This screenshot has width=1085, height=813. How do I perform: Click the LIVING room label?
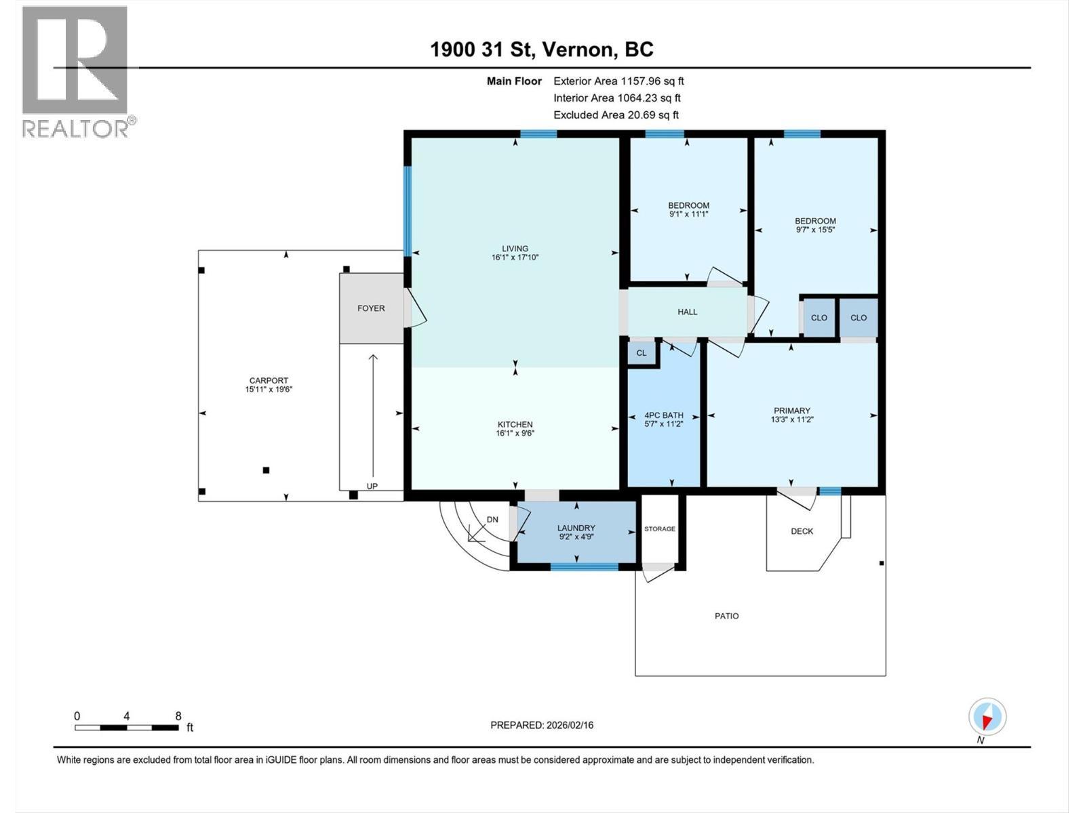tap(515, 249)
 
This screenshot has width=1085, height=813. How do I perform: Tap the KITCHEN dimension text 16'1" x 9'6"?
tap(515, 434)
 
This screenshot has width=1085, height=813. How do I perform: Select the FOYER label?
tap(371, 308)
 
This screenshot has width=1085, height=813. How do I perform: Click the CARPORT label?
tap(269, 381)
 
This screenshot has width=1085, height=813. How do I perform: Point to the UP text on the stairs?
tap(372, 486)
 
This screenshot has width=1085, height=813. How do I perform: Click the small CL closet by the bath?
tap(642, 353)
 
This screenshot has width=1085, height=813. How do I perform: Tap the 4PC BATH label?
tap(663, 415)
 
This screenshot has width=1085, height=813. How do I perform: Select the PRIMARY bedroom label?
tap(791, 411)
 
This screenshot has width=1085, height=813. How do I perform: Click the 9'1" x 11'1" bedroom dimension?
tap(688, 214)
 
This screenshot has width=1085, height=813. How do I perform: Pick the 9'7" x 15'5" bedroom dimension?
tap(815, 230)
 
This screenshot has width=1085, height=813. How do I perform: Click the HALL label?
tap(687, 312)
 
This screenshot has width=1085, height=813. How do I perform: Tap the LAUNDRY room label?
tap(576, 528)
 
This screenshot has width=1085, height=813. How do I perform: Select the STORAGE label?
tap(659, 529)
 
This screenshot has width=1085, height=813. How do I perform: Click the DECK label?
tap(802, 531)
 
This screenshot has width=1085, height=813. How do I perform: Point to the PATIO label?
tap(726, 616)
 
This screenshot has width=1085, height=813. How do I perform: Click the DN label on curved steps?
tap(492, 520)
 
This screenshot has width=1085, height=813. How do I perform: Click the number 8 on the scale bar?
tap(178, 716)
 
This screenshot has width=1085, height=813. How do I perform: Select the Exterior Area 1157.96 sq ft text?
tap(618, 81)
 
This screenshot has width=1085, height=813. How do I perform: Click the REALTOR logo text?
tap(77, 129)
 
